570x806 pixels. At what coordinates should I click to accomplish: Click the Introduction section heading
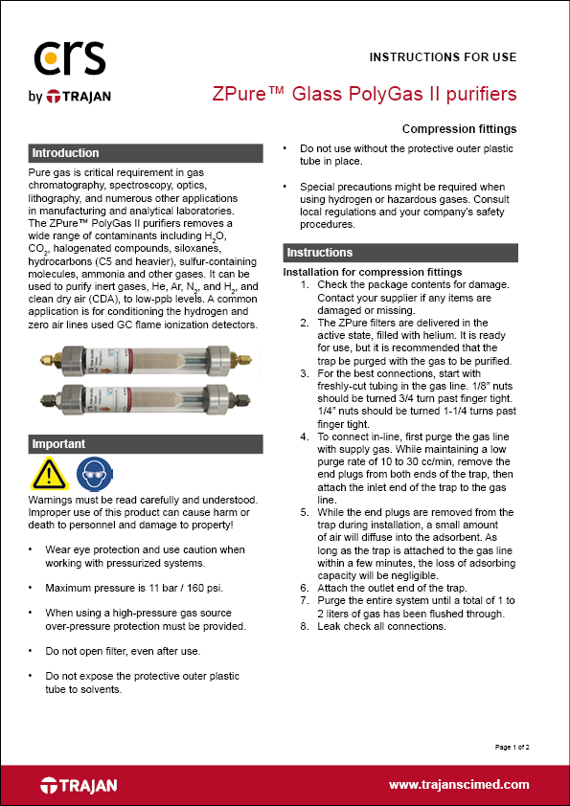(65, 153)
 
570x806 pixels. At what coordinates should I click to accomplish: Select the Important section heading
(58, 444)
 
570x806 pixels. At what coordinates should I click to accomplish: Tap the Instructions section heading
(319, 253)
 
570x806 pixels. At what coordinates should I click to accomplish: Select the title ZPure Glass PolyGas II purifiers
(364, 94)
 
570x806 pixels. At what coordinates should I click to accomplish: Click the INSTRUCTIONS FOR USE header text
(443, 57)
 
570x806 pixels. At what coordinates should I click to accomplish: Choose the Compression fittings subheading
(459, 129)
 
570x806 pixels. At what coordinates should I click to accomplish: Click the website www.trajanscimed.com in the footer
(459, 785)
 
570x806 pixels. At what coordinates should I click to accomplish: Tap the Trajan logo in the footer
(79, 785)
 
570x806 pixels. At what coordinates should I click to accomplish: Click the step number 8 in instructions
(305, 627)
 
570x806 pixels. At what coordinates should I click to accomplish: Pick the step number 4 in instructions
(305, 436)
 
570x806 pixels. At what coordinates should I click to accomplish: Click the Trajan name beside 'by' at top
(85, 96)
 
